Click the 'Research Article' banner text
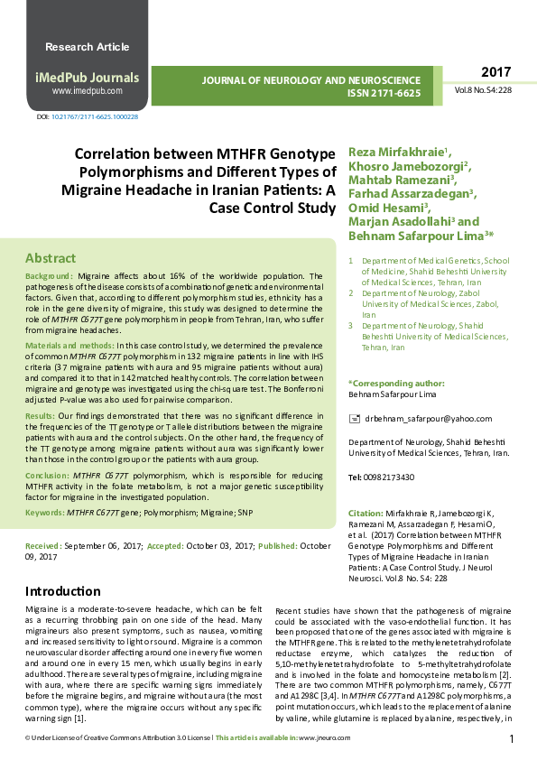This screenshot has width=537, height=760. point(88,46)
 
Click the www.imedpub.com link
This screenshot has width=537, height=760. point(87,91)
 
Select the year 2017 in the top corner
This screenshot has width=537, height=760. point(495,72)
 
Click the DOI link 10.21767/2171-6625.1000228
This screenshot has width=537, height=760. point(95,117)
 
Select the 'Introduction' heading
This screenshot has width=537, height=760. point(63,591)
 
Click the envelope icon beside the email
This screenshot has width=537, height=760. point(354,419)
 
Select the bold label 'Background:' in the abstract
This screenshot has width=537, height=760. point(50,274)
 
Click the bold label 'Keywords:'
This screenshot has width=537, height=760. point(44,512)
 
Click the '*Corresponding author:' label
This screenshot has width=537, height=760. point(392,384)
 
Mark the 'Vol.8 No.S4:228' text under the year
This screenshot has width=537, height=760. point(483,90)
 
